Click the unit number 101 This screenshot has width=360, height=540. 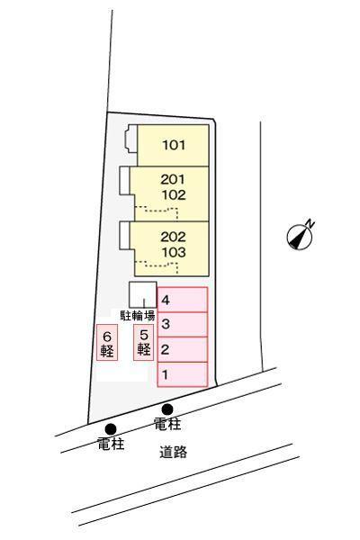click(174, 145)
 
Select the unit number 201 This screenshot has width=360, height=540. click(173, 179)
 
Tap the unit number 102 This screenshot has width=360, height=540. click(174, 195)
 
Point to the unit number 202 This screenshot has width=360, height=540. click(173, 237)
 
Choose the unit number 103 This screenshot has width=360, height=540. click(174, 252)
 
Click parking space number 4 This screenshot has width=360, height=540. click(183, 300)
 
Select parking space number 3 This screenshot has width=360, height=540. click(183, 324)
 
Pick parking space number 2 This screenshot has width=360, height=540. click(183, 349)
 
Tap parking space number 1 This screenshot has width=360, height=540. click(183, 374)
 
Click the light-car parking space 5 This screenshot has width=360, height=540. click(144, 342)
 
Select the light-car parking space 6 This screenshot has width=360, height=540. click(107, 342)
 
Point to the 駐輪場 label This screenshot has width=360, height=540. click(138, 316)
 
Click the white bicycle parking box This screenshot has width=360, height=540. click(143, 294)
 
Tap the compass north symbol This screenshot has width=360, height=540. click(300, 237)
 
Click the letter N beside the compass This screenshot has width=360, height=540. click(310, 223)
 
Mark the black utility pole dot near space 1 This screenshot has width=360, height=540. click(167, 409)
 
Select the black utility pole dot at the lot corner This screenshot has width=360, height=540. click(111, 429)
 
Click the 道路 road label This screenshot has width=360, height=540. click(173, 452)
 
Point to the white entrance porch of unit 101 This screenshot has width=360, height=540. click(131, 139)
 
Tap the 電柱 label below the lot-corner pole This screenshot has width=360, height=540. click(111, 444)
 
